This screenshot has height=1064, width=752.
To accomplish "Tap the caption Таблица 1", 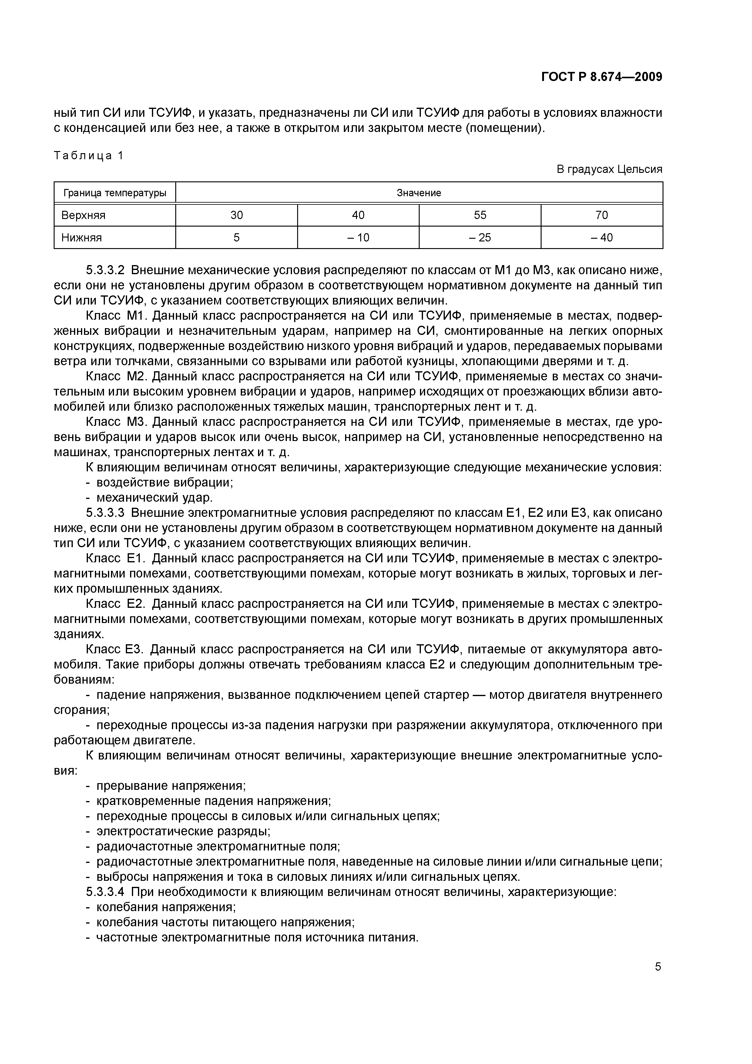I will [x=89, y=156].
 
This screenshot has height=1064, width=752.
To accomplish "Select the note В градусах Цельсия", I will [x=609, y=169].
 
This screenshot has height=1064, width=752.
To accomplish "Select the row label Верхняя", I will [x=83, y=215].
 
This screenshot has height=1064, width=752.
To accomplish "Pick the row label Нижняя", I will [x=82, y=238].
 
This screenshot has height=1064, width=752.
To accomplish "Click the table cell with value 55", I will [x=480, y=215].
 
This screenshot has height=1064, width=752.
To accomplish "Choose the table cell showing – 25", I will [x=480, y=238].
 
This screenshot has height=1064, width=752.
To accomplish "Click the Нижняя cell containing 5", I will [x=236, y=238].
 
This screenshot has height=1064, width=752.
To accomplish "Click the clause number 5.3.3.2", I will [x=105, y=270].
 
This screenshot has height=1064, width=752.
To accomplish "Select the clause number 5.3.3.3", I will [x=105, y=513].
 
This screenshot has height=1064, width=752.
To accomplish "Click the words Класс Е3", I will [x=116, y=649].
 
